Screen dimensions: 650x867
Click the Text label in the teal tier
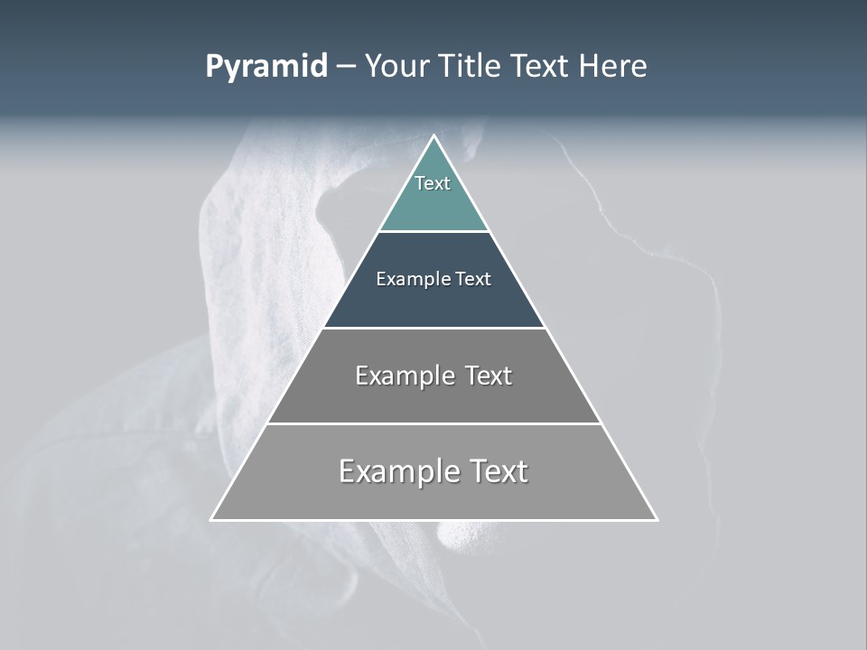[x=433, y=183]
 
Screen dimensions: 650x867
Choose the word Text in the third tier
[x=489, y=376]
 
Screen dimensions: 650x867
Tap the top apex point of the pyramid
[x=434, y=136]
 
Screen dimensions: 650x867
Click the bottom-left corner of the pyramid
[x=211, y=519]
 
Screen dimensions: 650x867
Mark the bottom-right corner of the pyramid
[x=657, y=519]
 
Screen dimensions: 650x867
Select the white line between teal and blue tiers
[x=434, y=232]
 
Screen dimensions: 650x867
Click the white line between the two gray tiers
[x=434, y=423]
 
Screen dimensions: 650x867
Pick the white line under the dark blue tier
[x=434, y=328]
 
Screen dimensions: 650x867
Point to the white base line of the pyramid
[x=434, y=520]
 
